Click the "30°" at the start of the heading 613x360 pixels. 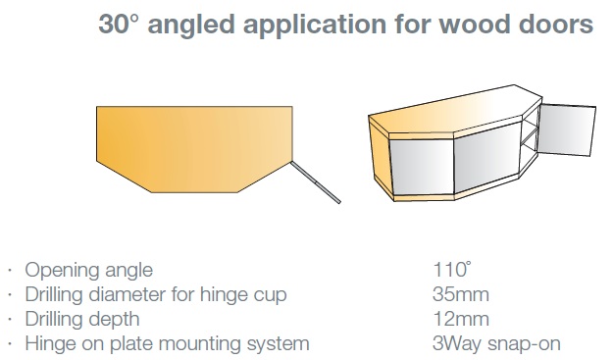click(x=119, y=24)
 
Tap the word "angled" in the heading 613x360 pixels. click(x=191, y=26)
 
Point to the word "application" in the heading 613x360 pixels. click(x=315, y=26)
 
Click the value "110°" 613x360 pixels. click(x=451, y=270)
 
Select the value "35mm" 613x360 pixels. click(x=461, y=294)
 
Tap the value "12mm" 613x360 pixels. click(x=461, y=319)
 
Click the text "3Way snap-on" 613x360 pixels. click(x=496, y=344)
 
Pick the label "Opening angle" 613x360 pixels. click(x=88, y=270)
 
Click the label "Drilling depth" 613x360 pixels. click(x=82, y=320)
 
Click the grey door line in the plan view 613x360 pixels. click(x=316, y=182)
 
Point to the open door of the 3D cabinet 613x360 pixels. click(x=567, y=129)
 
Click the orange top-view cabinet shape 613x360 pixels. click(x=194, y=149)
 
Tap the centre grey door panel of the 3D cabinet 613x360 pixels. click(x=487, y=158)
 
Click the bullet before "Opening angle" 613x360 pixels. click(x=10, y=270)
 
